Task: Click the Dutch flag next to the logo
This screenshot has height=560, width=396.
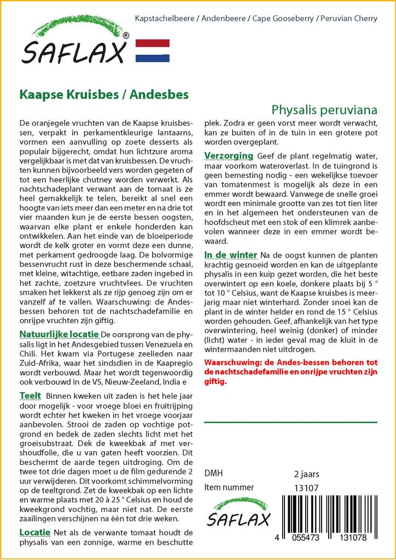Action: [x=152, y=50]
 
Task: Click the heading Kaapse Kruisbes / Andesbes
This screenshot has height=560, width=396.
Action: [x=104, y=94]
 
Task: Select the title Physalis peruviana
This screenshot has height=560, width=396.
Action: [x=324, y=109]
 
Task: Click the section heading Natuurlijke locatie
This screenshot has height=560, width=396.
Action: [x=59, y=334]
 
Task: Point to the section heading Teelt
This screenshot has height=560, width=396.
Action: [x=31, y=395]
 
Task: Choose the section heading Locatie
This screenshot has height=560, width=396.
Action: [x=35, y=532]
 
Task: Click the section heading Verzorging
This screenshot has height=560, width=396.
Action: [x=229, y=156]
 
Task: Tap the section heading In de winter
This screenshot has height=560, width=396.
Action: [x=230, y=255]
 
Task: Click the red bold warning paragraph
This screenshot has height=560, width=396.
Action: [x=290, y=372]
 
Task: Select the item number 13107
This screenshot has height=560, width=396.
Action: [x=306, y=488]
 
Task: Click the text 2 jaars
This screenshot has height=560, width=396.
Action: [x=306, y=474]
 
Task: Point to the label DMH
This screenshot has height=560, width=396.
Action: [x=213, y=474]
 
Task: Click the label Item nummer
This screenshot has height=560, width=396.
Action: [x=229, y=488]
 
